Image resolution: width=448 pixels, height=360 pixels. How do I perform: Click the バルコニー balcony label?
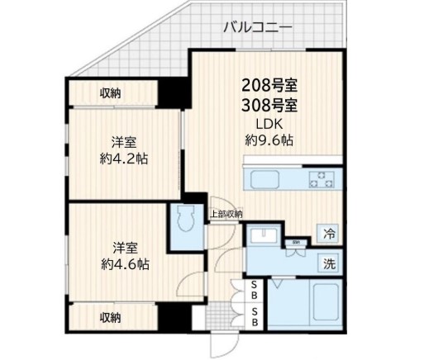pos(257,27)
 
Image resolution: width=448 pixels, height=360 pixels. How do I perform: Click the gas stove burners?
pos(319,179)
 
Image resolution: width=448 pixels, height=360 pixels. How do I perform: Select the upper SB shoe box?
pos(255,289)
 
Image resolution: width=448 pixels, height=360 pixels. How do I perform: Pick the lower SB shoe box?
pos(255,317)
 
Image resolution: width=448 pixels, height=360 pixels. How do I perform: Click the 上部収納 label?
pos(225,215)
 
